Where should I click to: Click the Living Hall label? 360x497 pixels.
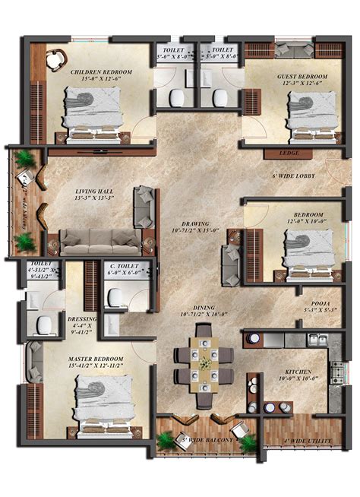coord(94,192)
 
